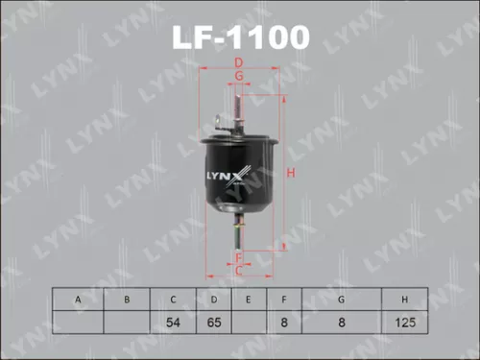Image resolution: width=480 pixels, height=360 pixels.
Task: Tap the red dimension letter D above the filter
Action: pos(239,64)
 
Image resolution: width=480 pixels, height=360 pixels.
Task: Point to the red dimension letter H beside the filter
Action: pos(290,173)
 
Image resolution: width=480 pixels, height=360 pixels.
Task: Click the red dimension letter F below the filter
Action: pos(239,256)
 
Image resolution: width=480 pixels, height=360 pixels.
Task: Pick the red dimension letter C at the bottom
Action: pos(239,271)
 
